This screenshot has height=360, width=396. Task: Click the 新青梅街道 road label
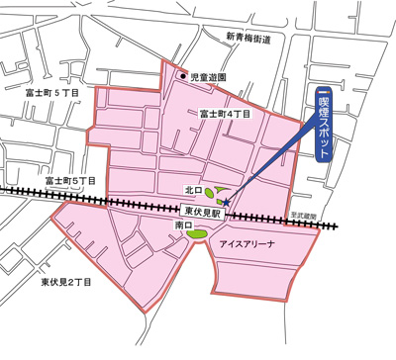coord(261,38)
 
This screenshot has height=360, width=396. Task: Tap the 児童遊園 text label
coord(209,76)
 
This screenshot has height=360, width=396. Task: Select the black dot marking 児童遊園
coord(182,76)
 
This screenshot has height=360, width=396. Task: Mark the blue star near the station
coord(227,203)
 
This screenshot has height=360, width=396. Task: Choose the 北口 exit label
coord(193,189)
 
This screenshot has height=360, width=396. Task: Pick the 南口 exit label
coord(182,226)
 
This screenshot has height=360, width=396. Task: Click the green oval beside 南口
coord(200,233)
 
